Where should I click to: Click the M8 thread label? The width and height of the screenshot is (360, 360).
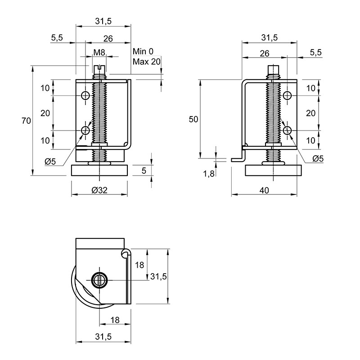point(99,53)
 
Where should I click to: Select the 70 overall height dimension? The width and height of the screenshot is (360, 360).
point(26,121)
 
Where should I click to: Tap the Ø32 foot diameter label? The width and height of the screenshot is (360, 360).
point(99,190)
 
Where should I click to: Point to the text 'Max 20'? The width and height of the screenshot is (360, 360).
point(147,62)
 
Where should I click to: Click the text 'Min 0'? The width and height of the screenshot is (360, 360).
point(143,51)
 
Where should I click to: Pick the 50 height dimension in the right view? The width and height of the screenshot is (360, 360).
point(193,119)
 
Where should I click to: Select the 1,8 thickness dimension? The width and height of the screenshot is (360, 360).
point(209,174)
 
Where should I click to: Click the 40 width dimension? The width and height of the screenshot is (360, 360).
point(264,190)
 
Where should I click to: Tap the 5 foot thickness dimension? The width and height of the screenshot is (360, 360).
point(144,171)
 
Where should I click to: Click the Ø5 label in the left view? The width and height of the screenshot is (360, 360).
point(50,162)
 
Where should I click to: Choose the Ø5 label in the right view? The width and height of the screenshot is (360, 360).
point(318,158)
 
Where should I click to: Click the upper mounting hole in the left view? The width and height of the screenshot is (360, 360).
point(85,95)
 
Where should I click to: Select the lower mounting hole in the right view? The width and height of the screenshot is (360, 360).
point(287,130)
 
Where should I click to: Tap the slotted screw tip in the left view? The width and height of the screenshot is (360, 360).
point(99,68)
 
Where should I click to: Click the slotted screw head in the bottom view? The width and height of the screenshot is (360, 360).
point(99,280)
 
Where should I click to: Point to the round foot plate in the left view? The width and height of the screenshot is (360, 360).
point(99,171)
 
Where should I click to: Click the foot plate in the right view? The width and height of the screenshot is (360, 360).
point(273,171)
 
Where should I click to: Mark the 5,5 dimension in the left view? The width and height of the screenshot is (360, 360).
point(57,37)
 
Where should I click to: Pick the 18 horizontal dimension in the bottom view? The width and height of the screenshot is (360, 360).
point(115,320)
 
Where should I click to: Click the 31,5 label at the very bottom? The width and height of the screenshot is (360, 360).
point(103,337)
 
